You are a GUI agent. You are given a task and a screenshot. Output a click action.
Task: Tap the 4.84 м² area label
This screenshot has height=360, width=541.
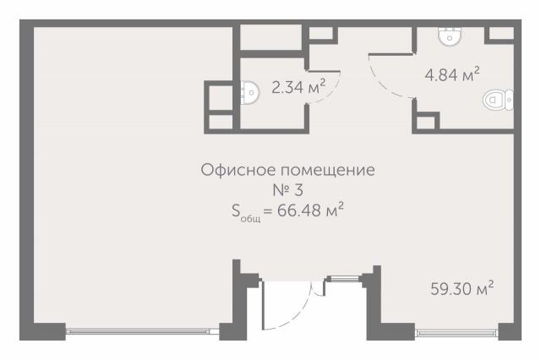point(452,75)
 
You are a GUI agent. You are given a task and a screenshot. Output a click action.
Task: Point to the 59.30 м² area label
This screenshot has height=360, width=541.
point(461,289)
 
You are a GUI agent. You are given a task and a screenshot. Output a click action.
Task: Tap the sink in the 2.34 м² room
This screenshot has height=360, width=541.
point(249,91)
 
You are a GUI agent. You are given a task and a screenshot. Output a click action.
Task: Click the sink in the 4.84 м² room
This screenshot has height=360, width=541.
point(451,35)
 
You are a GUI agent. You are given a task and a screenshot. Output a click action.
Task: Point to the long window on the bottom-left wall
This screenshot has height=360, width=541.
point(143,331)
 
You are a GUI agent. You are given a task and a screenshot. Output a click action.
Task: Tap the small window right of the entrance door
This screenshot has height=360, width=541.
point(342,276)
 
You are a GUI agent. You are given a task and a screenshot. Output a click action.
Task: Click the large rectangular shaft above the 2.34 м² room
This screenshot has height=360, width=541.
point(270,38)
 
